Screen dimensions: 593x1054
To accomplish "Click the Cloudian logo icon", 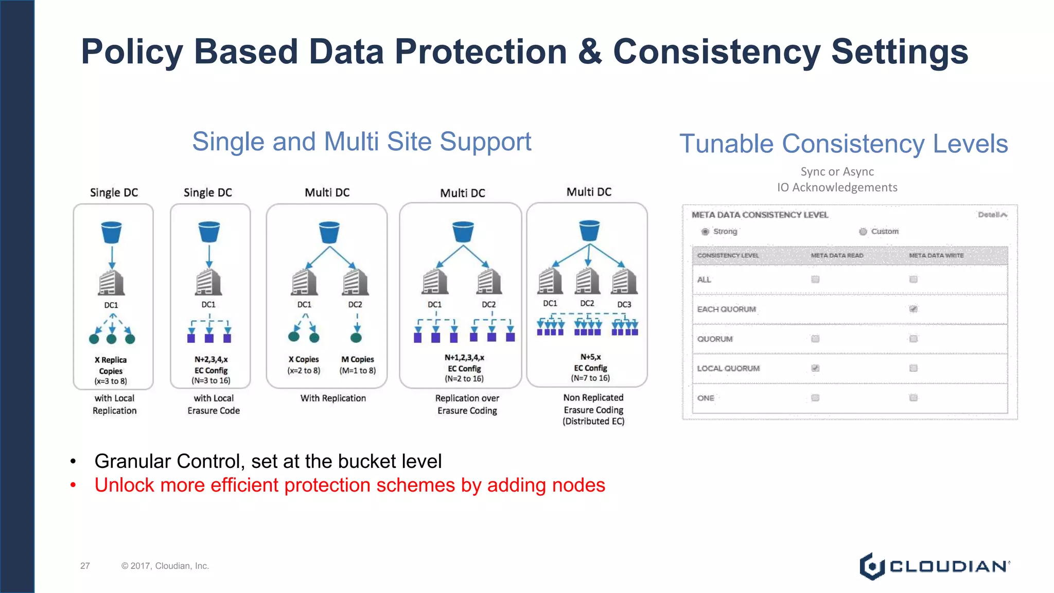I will coord(872,566).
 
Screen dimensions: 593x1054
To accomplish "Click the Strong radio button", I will coord(705,232).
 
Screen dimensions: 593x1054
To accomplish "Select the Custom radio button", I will coord(863,232).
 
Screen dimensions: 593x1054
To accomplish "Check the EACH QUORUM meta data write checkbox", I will coord(914,309).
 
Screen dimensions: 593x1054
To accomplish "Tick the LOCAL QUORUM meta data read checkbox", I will coord(815,368).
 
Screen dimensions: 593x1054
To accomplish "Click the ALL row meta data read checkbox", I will coord(815,280).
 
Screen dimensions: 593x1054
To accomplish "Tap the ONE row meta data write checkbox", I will coord(914,398).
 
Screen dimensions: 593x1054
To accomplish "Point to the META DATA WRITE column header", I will coord(936,255).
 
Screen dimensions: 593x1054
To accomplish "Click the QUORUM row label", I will coord(715,339).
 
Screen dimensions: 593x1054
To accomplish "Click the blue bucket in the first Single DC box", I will coord(112,232).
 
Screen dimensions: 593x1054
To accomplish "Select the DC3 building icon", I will coord(624,282).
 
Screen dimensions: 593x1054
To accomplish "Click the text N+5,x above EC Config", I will coord(590,357).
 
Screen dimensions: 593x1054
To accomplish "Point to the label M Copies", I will coord(358,359).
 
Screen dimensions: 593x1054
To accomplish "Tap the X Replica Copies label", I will coord(111,365).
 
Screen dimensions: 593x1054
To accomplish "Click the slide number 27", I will coord(85,566).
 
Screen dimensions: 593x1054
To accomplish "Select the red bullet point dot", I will coord(73,485).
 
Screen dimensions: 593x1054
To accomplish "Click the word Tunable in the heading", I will coord(725,144).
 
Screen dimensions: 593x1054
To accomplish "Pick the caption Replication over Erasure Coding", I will coord(467,404).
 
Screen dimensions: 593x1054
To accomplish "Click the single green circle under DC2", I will coord(356,338).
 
